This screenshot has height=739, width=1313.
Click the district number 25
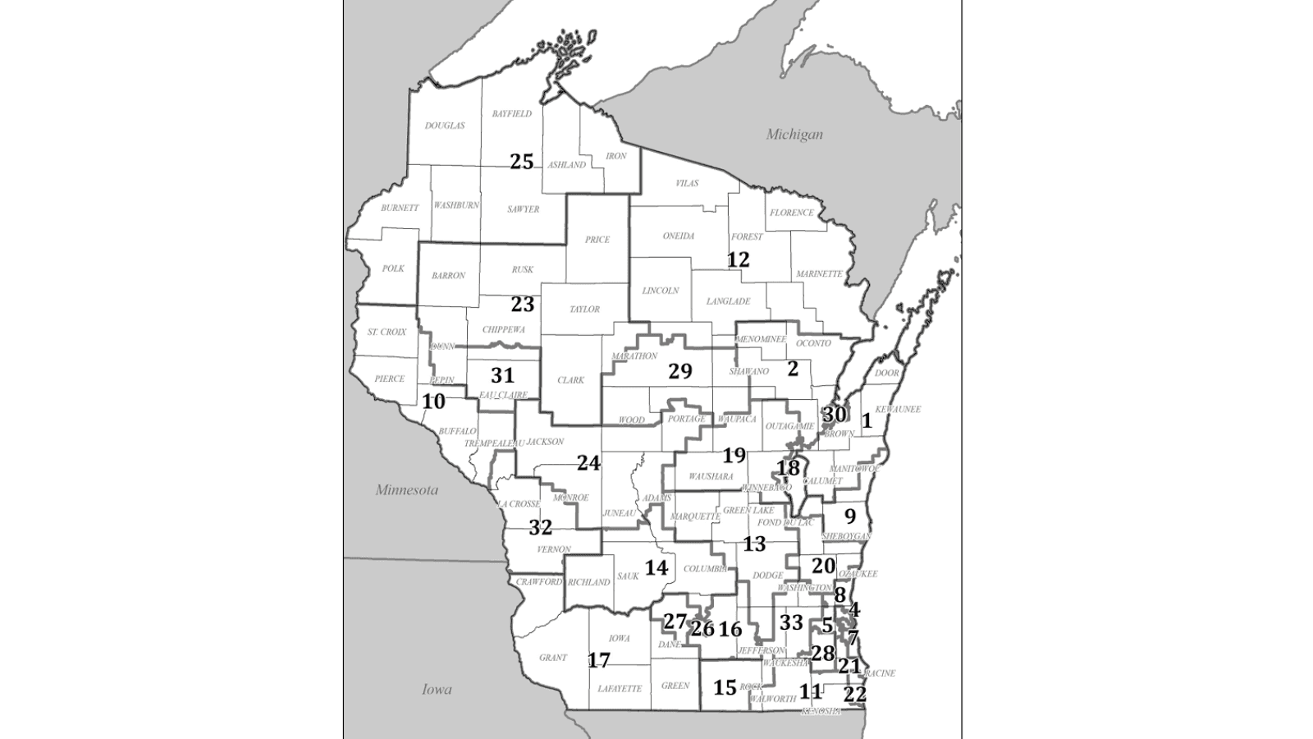[522, 162]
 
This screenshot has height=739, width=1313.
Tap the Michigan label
[794, 134]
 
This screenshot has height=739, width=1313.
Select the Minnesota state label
[407, 490]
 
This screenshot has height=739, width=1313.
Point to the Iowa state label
[437, 689]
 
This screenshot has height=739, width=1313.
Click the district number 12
[738, 260]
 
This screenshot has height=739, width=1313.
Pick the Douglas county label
[445, 126]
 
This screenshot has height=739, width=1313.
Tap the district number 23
[523, 305]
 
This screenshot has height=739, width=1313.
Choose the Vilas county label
[687, 183]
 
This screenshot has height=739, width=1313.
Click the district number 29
[680, 371]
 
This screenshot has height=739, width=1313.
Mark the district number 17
[599, 660]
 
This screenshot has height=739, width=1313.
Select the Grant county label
[553, 658]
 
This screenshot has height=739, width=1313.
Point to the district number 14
[656, 567]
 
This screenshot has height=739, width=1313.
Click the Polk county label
[393, 269]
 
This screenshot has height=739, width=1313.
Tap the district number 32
[540, 527]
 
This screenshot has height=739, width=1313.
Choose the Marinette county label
[818, 273]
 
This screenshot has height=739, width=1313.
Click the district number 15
[725, 686]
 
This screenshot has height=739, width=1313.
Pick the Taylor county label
[585, 310]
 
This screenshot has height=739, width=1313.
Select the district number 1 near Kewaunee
[867, 421]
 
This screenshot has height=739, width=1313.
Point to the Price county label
[597, 240]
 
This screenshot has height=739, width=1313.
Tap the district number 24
[588, 463]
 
